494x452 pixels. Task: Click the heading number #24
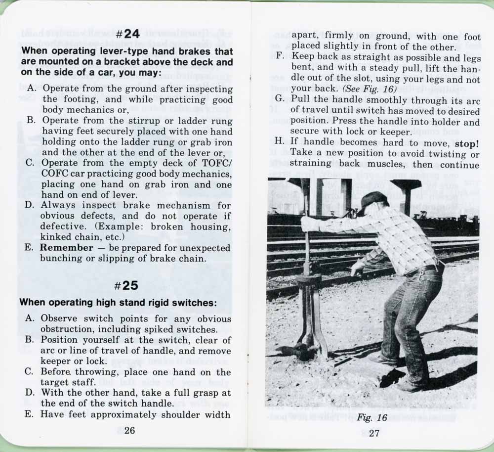[127, 34]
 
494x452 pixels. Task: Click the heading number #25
[127, 285]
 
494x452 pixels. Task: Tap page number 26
[129, 430]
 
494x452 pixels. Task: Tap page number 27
[373, 433]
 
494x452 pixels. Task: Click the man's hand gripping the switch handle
[308, 224]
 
